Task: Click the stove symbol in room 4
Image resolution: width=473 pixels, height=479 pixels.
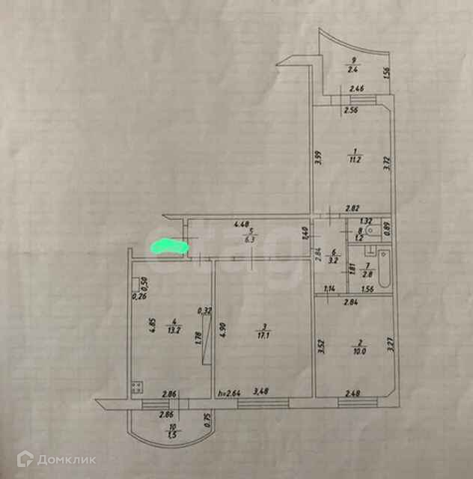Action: tap(137, 387)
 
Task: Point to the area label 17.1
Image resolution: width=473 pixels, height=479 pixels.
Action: tap(263, 336)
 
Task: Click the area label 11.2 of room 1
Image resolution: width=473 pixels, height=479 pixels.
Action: tap(355, 158)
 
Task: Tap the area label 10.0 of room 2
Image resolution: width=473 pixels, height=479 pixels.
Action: tap(354, 350)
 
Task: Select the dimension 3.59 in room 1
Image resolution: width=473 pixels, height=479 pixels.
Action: tap(317, 158)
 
